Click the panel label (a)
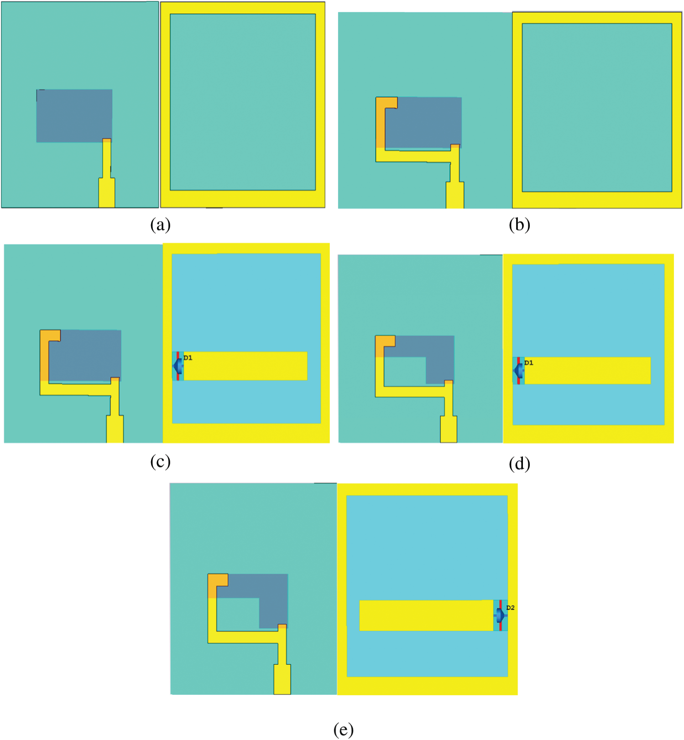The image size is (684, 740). (160, 225)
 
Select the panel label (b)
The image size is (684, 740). (519, 225)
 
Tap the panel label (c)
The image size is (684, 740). (160, 462)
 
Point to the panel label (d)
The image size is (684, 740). (519, 464)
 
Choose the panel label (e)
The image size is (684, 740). (343, 730)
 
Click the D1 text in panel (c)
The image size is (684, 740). (188, 358)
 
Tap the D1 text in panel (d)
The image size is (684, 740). (529, 363)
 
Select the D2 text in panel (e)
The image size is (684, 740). (511, 608)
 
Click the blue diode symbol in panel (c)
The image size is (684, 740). (178, 366)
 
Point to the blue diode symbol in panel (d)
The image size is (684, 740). (518, 371)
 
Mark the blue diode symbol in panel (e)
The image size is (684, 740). (501, 616)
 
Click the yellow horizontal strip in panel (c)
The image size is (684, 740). (245, 366)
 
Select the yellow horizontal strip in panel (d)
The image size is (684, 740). (588, 371)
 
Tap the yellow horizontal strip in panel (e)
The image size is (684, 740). (427, 616)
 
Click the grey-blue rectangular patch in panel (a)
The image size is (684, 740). (74, 116)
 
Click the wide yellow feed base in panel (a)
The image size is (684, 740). (107, 193)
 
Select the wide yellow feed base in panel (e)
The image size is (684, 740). (282, 679)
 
